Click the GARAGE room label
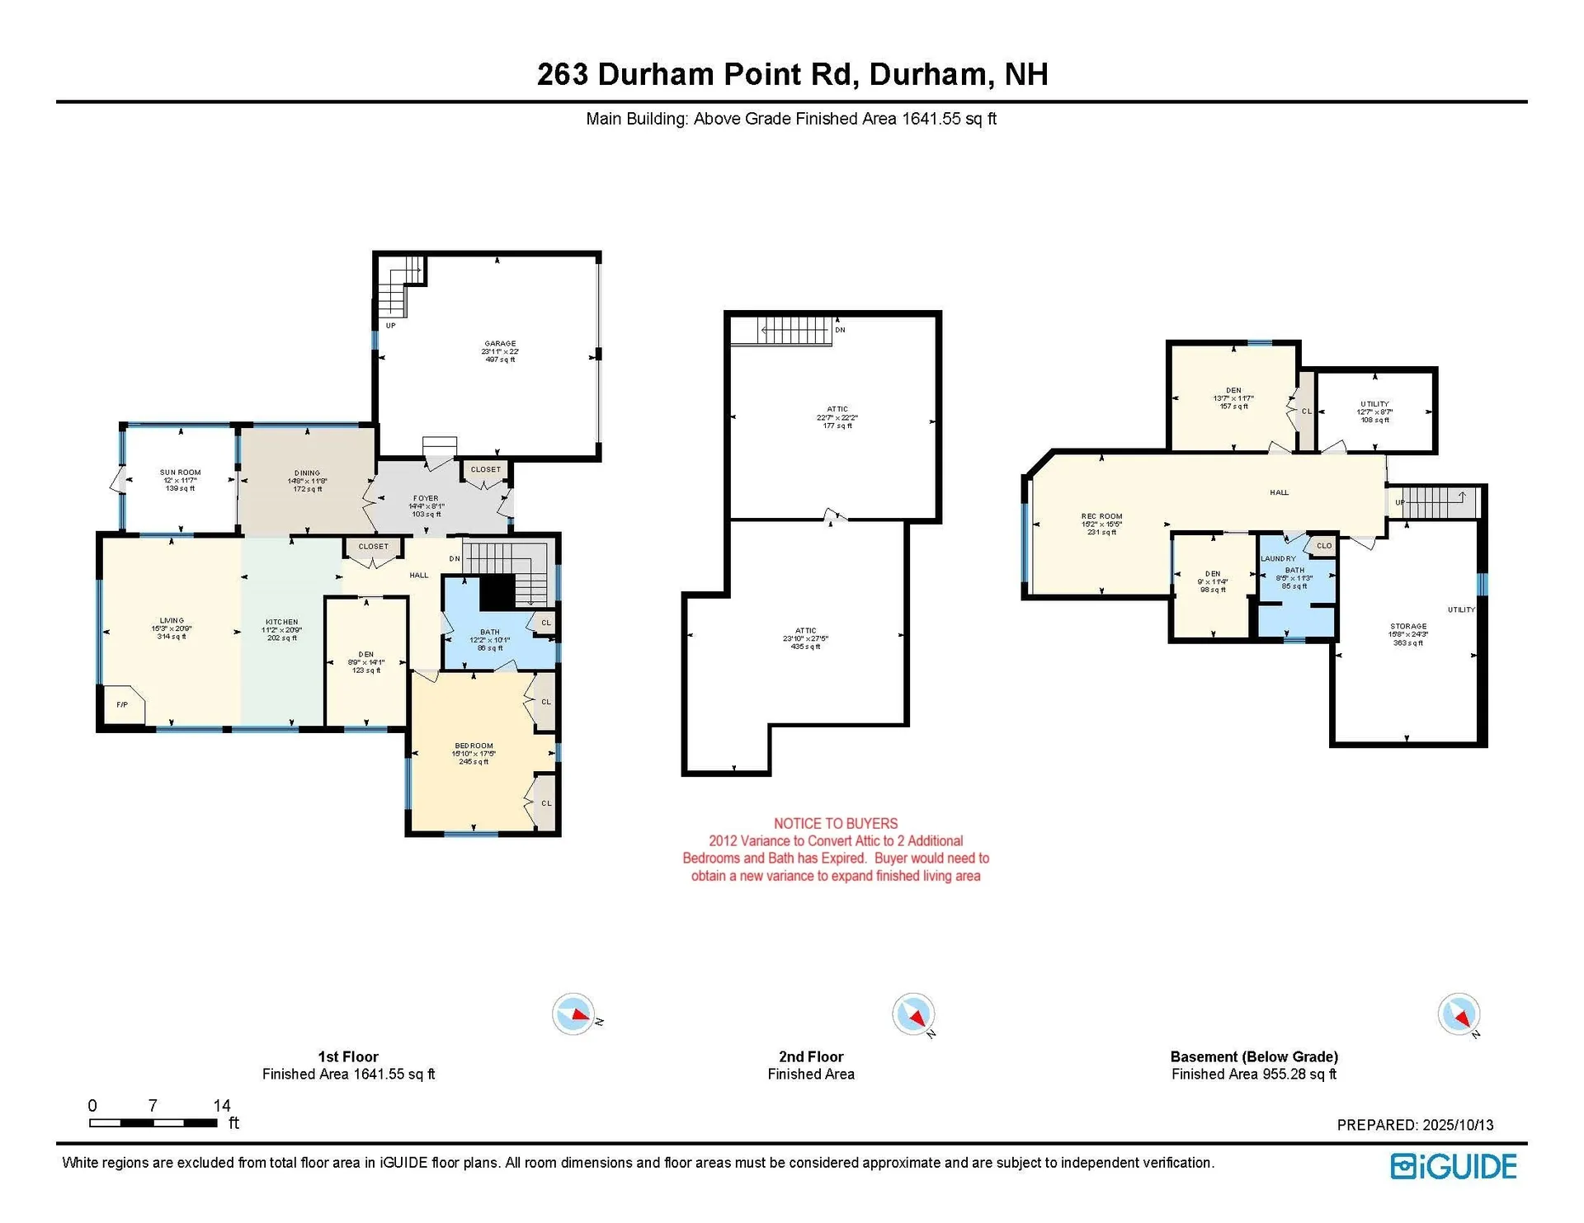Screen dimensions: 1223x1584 click(500, 344)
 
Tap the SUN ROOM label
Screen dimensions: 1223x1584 click(180, 473)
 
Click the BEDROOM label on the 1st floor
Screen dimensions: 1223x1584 click(474, 746)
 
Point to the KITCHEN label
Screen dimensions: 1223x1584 click(281, 622)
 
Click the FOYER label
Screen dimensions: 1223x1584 click(426, 498)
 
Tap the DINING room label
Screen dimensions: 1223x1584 click(307, 473)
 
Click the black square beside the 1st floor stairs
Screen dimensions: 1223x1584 click(497, 591)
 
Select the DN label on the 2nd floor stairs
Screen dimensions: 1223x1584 click(840, 330)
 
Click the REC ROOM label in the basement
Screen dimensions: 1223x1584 click(1101, 516)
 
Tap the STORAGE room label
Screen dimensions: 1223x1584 click(1407, 626)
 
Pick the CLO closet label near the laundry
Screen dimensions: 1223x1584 click(1323, 546)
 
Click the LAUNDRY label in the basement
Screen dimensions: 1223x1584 click(1278, 559)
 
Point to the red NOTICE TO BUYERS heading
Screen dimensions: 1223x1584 click(835, 823)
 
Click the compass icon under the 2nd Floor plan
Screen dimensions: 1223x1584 click(913, 1014)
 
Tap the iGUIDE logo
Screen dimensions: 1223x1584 click(1453, 1166)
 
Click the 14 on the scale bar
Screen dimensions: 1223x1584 click(221, 1105)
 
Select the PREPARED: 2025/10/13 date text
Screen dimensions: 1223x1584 click(1414, 1125)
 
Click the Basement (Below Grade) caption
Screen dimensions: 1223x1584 click(1253, 1056)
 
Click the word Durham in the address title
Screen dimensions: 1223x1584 click(927, 74)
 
